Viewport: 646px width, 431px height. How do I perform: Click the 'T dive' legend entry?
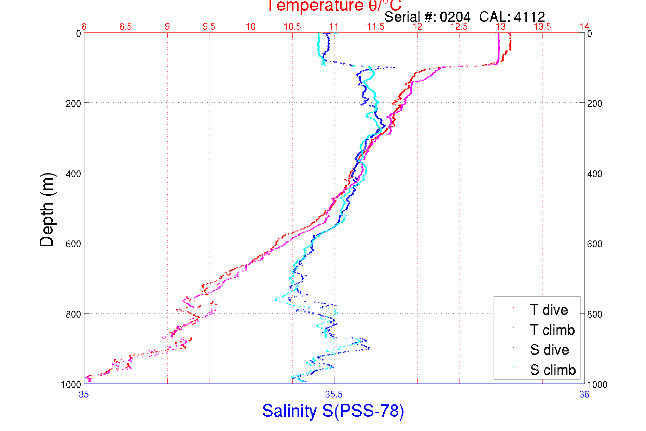point(549,310)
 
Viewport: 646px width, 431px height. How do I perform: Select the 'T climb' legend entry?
point(552,330)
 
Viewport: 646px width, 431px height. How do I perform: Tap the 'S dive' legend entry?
point(549,350)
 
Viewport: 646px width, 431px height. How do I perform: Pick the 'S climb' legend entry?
point(553,370)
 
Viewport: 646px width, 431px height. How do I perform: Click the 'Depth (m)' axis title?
point(47,210)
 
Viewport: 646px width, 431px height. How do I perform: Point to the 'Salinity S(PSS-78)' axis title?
point(333,411)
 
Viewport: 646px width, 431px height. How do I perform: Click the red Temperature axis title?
point(334,6)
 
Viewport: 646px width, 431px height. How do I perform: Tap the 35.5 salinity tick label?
point(334,395)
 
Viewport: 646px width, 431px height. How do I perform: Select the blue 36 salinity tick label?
point(584,395)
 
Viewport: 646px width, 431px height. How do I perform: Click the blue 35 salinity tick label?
point(84,395)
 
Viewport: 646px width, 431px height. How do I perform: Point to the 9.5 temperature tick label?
point(209,27)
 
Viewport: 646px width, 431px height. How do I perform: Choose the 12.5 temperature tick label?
point(459,27)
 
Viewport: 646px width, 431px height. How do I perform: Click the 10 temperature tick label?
point(250,27)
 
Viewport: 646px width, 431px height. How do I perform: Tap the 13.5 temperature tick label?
point(542,27)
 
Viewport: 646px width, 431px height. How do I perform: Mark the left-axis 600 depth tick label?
point(73,244)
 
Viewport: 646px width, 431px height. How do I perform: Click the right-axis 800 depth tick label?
point(594,314)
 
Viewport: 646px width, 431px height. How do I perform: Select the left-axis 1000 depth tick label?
point(71,385)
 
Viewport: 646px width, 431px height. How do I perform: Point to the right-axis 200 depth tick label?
point(594,103)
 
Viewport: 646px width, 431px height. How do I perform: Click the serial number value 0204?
point(455,17)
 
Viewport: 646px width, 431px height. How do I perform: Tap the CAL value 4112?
point(529,17)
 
